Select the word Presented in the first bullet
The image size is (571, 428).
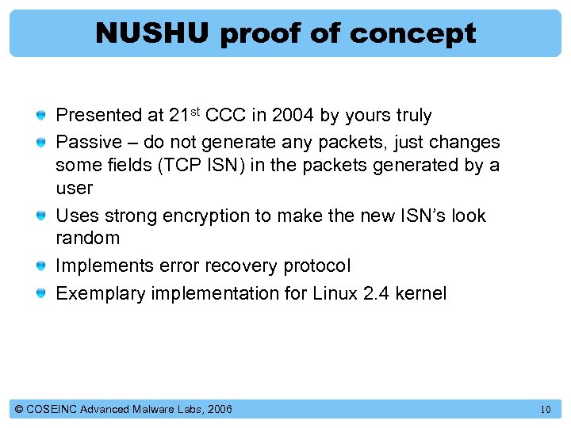tap(98, 116)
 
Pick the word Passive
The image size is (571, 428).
tap(86, 143)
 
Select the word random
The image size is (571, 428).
tap(87, 239)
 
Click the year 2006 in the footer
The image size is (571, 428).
tap(220, 409)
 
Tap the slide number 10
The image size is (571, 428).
tap(545, 410)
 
